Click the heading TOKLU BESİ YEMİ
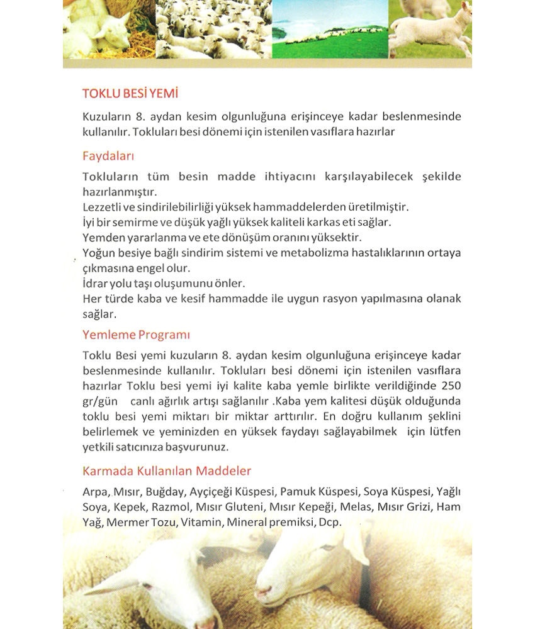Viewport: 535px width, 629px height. click(x=130, y=94)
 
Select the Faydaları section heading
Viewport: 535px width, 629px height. click(x=108, y=156)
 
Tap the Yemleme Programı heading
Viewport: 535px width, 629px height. click(x=136, y=334)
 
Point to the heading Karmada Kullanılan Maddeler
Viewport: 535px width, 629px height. click(x=167, y=470)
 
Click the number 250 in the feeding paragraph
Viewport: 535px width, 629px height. click(x=452, y=385)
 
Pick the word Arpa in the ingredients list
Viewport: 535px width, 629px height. click(x=94, y=491)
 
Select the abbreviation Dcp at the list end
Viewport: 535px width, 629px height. click(x=329, y=522)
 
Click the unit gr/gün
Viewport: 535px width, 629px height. click(x=100, y=401)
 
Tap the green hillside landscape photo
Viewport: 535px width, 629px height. click(x=330, y=28)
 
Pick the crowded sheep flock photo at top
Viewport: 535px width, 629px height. click(x=213, y=28)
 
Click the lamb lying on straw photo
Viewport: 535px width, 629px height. click(x=108, y=28)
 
